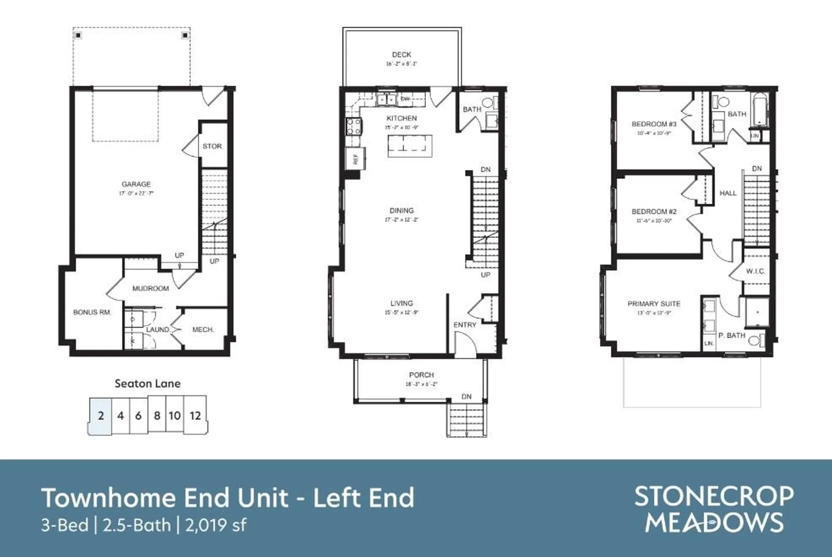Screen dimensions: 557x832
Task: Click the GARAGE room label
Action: point(136,184)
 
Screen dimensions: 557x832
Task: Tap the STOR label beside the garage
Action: point(212,147)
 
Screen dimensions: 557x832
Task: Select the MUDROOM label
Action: point(150,288)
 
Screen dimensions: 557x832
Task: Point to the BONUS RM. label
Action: point(92,312)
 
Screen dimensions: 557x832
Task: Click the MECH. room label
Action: point(203,330)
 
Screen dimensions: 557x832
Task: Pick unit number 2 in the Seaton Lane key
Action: point(101,416)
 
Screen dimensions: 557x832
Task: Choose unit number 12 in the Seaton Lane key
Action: point(195,416)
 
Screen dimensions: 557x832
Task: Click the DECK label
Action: point(401,55)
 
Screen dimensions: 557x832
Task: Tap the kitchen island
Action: point(409,146)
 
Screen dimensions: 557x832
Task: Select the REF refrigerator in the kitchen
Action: point(355,159)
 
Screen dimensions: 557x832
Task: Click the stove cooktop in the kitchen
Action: point(353,126)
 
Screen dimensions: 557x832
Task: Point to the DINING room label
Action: point(401,211)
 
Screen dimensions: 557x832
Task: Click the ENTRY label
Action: point(465,325)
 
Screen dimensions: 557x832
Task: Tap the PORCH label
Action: point(421,375)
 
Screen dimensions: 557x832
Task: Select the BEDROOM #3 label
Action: point(653,124)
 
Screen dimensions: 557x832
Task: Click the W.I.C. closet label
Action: point(755,271)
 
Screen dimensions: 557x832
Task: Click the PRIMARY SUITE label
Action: point(653,304)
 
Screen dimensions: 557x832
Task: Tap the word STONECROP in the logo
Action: point(714,497)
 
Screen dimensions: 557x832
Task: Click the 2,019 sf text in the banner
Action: point(216,525)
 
